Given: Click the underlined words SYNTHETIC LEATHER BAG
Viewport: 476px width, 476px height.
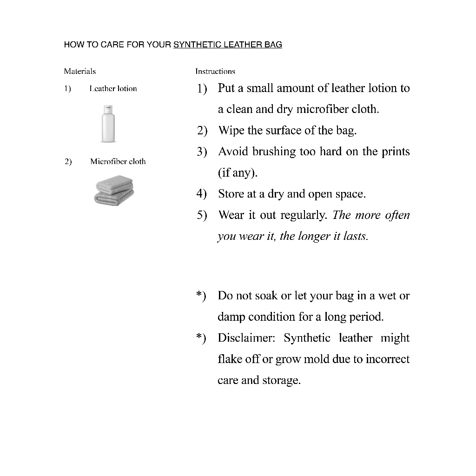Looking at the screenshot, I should [227, 45].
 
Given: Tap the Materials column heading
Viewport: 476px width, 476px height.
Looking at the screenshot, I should [80, 72].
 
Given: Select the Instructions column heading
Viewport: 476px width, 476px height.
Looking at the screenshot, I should [215, 72].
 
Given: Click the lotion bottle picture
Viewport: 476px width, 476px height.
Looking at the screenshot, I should [108, 125].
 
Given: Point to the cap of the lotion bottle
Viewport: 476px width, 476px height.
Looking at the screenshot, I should [108, 110].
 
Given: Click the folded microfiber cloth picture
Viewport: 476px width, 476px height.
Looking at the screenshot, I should [114, 191].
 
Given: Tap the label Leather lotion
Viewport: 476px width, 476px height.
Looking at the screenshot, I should [113, 89].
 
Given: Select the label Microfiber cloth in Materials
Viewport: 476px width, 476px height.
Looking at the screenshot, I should [118, 162].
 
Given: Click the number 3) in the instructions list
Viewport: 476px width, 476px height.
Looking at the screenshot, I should [202, 152].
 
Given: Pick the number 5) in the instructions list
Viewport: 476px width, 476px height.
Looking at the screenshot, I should [202, 216].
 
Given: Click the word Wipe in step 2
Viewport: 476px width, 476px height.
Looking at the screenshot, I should [231, 131].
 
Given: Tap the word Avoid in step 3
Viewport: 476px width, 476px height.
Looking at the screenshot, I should [234, 152].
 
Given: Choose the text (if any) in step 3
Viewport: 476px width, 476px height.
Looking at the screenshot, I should [238, 173].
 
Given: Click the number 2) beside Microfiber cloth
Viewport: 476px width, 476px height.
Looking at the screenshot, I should [68, 162].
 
